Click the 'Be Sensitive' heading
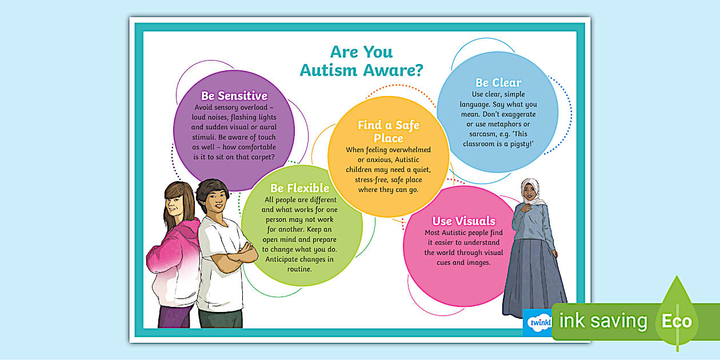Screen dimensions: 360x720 pyautogui.click(x=234, y=96)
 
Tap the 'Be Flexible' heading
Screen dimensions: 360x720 pyautogui.click(x=299, y=188)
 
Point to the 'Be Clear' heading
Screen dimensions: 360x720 pyautogui.click(x=498, y=82)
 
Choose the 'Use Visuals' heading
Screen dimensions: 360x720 pyautogui.click(x=463, y=221)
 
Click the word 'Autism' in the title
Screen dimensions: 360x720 pyautogui.click(x=329, y=70)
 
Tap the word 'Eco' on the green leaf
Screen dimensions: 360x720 pyautogui.click(x=677, y=321)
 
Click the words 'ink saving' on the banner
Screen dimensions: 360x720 pyautogui.click(x=603, y=321)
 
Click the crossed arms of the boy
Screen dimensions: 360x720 pyautogui.click(x=243, y=252)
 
